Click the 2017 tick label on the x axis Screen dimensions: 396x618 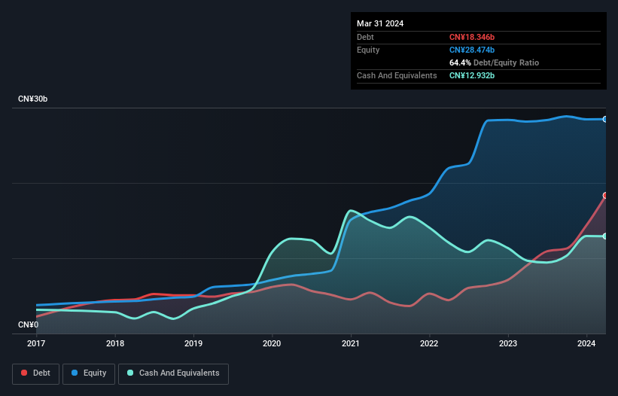click(x=36, y=344)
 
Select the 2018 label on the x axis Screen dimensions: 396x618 click(x=115, y=344)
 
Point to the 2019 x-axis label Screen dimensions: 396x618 click(x=193, y=344)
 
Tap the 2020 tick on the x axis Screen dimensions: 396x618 click(x=272, y=344)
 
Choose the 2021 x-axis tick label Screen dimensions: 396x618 click(x=351, y=344)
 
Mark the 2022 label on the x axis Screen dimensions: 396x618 click(x=429, y=344)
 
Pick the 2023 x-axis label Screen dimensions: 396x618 click(x=508, y=344)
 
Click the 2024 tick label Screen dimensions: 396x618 click(x=586, y=344)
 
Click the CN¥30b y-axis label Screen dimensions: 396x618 click(x=32, y=99)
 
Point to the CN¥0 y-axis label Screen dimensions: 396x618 click(x=28, y=325)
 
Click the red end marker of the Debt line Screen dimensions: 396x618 click(x=604, y=195)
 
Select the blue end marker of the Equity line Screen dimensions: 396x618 click(x=604, y=119)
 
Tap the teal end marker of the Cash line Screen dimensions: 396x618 click(x=604, y=236)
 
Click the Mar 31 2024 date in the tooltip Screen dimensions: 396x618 click(x=380, y=23)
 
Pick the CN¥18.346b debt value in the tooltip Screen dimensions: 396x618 click(x=472, y=37)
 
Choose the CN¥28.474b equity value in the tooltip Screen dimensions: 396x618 click(x=472, y=50)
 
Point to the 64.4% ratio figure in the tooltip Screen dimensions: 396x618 click(x=460, y=62)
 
